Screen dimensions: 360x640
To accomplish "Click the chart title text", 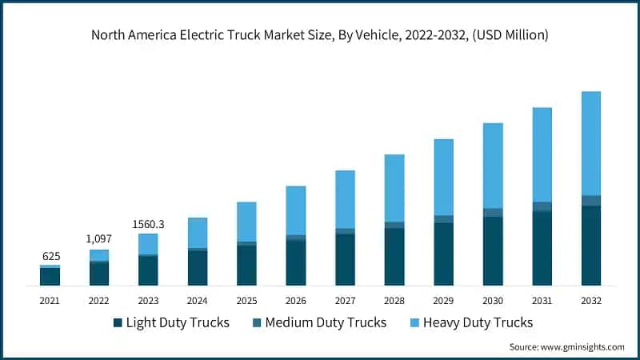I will click(x=320, y=34).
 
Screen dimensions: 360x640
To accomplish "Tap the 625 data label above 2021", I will click(x=50, y=256).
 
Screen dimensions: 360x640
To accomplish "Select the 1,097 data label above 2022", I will click(x=98, y=239).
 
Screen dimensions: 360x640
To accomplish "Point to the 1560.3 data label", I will click(x=148, y=223).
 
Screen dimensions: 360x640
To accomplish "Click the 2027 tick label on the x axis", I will click(x=345, y=300).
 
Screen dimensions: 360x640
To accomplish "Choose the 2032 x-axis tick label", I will click(x=591, y=300).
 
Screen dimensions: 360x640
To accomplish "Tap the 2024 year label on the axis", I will click(x=197, y=300).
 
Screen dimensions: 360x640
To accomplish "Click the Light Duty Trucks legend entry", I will click(x=171, y=322).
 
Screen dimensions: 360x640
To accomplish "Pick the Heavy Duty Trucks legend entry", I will click(x=466, y=322).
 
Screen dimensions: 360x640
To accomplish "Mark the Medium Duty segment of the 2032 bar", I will click(x=591, y=200).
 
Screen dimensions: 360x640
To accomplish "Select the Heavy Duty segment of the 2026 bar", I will click(x=296, y=210).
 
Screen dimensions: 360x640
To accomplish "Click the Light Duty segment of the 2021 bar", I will click(x=50, y=276).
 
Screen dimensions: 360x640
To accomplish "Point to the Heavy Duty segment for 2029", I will click(x=443, y=177).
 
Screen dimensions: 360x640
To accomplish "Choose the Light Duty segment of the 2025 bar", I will click(x=246, y=265).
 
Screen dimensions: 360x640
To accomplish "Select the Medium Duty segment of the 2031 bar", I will click(x=542, y=206).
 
